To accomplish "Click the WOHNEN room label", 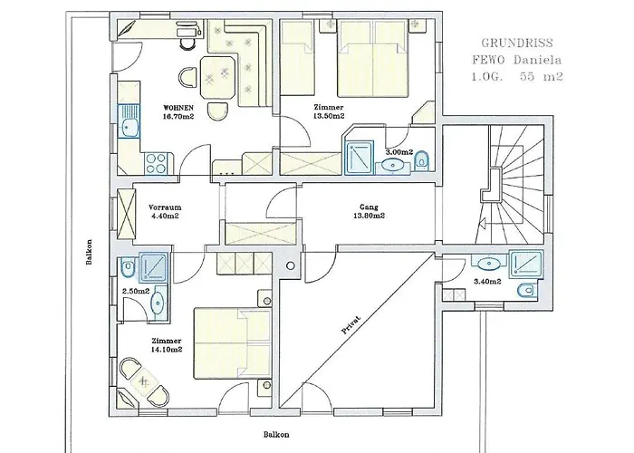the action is [x=178, y=108].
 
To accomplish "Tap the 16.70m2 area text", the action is [x=178, y=117].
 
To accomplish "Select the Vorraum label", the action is [x=165, y=207].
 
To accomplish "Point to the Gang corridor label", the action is [x=369, y=207].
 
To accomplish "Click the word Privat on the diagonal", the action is [x=351, y=324].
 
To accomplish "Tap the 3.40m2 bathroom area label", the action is [x=487, y=282].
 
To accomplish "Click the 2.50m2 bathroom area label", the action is [x=136, y=291].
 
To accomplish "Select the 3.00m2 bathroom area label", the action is [x=399, y=152].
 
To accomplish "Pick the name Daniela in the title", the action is [x=538, y=61].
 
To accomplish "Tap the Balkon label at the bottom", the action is [x=276, y=435].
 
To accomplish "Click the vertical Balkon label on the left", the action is [x=90, y=252].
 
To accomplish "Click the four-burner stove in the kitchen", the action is [x=157, y=163].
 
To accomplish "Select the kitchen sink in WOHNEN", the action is [x=129, y=121].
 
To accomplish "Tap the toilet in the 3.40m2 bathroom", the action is [x=526, y=290].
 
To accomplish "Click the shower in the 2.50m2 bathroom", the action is [x=153, y=267].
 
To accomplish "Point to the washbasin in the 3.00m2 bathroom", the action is [x=391, y=165].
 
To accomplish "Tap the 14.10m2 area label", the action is [x=167, y=350].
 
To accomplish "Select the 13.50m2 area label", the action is [x=329, y=116].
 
